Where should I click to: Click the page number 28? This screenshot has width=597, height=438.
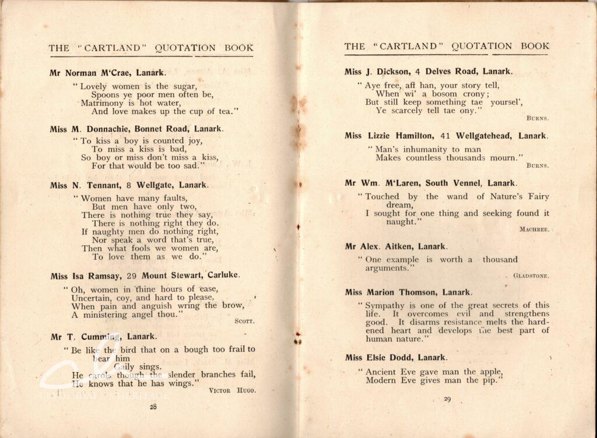tap(153, 407)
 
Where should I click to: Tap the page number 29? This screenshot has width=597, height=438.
tap(448, 399)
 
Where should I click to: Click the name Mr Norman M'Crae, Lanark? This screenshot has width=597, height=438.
tap(108, 73)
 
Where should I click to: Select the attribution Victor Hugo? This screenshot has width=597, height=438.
tap(232, 390)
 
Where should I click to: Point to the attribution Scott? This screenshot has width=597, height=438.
tap(244, 321)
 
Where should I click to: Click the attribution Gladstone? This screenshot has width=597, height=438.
tap(531, 275)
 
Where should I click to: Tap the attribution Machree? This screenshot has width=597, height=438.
tap(533, 229)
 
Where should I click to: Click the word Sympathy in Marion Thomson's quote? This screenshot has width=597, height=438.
tap(385, 305)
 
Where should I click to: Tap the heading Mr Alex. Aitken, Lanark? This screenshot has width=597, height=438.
tap(396, 246)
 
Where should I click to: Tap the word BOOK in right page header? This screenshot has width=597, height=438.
tap(535, 46)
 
